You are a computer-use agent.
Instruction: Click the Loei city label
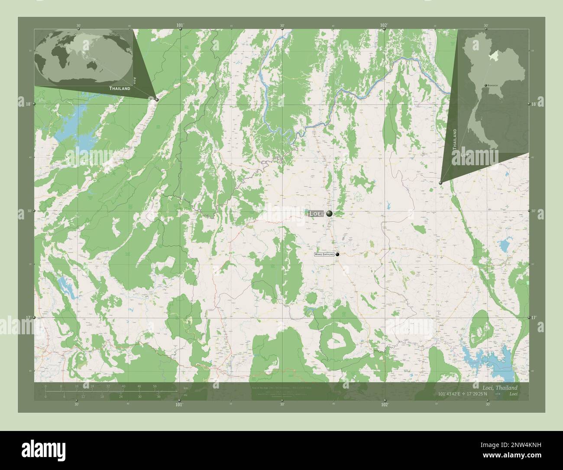pos(316,213)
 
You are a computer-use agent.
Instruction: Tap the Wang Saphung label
pos(324,255)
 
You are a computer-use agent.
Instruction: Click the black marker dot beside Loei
pos(330,213)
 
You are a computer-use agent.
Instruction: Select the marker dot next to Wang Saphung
pos(337,255)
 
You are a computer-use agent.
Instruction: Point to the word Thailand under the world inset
pos(120,88)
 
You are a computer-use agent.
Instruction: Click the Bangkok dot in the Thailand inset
pos(486,85)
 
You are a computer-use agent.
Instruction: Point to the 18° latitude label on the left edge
pos(28,104)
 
